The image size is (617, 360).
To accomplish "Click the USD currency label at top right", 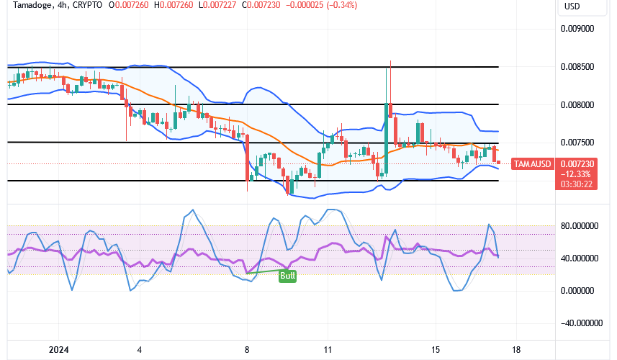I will click(x=572, y=6).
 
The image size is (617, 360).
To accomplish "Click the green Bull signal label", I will click(x=288, y=275).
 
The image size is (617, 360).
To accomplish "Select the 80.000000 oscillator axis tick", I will click(x=580, y=225).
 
